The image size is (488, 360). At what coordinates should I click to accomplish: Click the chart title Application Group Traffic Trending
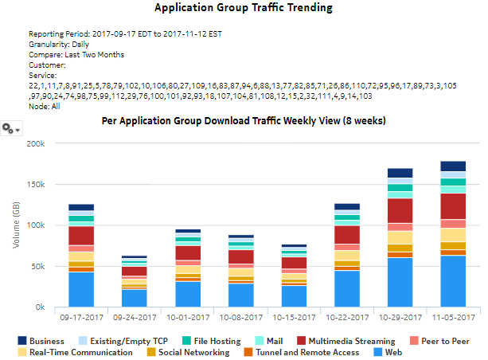pyautogui.click(x=244, y=9)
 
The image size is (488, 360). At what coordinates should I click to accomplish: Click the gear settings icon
pyautogui.click(x=10, y=128)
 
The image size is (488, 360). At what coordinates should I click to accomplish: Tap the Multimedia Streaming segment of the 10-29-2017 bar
pyautogui.click(x=400, y=210)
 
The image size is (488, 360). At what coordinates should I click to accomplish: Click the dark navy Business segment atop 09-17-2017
pyautogui.click(x=80, y=207)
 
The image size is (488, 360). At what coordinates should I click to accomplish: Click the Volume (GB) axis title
pyautogui.click(x=15, y=225)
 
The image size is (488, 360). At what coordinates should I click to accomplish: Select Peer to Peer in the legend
pyautogui.click(x=439, y=339)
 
